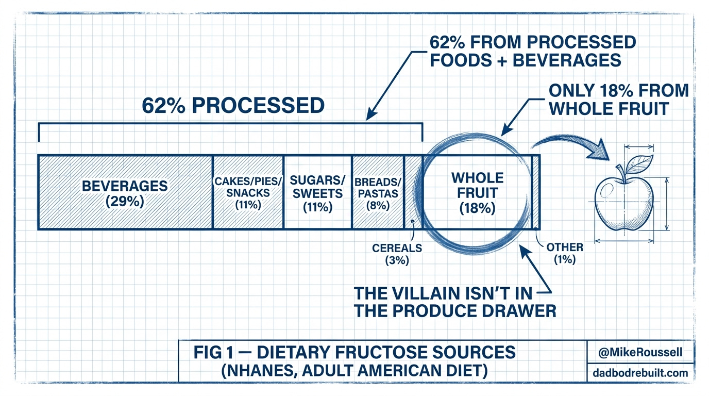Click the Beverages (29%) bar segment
click(x=125, y=192)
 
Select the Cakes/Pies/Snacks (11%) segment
click(x=248, y=192)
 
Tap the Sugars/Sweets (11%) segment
click(x=318, y=192)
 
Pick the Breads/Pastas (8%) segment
click(x=378, y=192)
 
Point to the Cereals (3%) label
click(x=397, y=254)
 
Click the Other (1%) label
click(x=565, y=254)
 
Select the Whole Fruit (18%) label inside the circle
click(x=477, y=193)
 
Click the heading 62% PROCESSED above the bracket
click(x=233, y=106)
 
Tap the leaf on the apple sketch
click(x=639, y=163)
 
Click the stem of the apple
click(x=621, y=173)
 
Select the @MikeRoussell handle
click(x=640, y=352)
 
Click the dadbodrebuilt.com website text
click(x=640, y=373)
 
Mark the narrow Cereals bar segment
click(x=413, y=192)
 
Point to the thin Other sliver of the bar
click(x=535, y=192)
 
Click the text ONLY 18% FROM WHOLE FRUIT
click(x=619, y=100)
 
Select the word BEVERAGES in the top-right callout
click(x=567, y=60)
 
